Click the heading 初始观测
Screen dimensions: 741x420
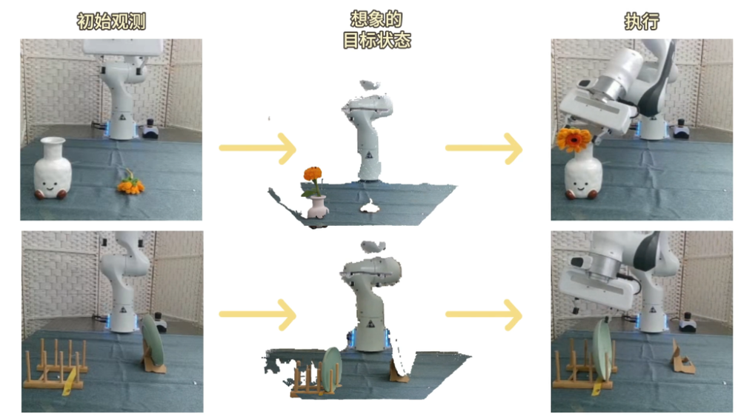pyautogui.click(x=111, y=21)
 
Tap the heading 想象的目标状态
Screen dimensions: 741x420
pyautogui.click(x=376, y=30)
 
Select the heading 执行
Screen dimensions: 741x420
pyautogui.click(x=641, y=21)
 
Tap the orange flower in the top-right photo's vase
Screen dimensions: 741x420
pyautogui.click(x=574, y=139)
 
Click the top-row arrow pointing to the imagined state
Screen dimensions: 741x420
pyautogui.click(x=258, y=148)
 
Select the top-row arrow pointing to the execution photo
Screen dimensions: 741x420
pyautogui.click(x=484, y=148)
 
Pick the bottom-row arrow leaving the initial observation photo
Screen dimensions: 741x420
pyautogui.click(x=258, y=314)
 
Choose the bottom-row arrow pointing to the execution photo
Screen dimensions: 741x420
pyautogui.click(x=484, y=314)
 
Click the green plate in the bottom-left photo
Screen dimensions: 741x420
pyautogui.click(x=153, y=339)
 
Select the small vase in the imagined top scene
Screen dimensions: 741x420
pyautogui.click(x=317, y=207)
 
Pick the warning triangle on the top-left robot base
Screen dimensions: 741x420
pyautogui.click(x=122, y=117)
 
